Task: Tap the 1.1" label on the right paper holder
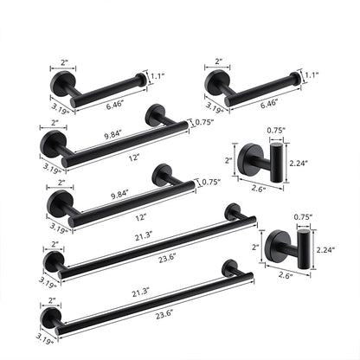(311, 76)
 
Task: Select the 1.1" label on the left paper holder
(157, 76)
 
